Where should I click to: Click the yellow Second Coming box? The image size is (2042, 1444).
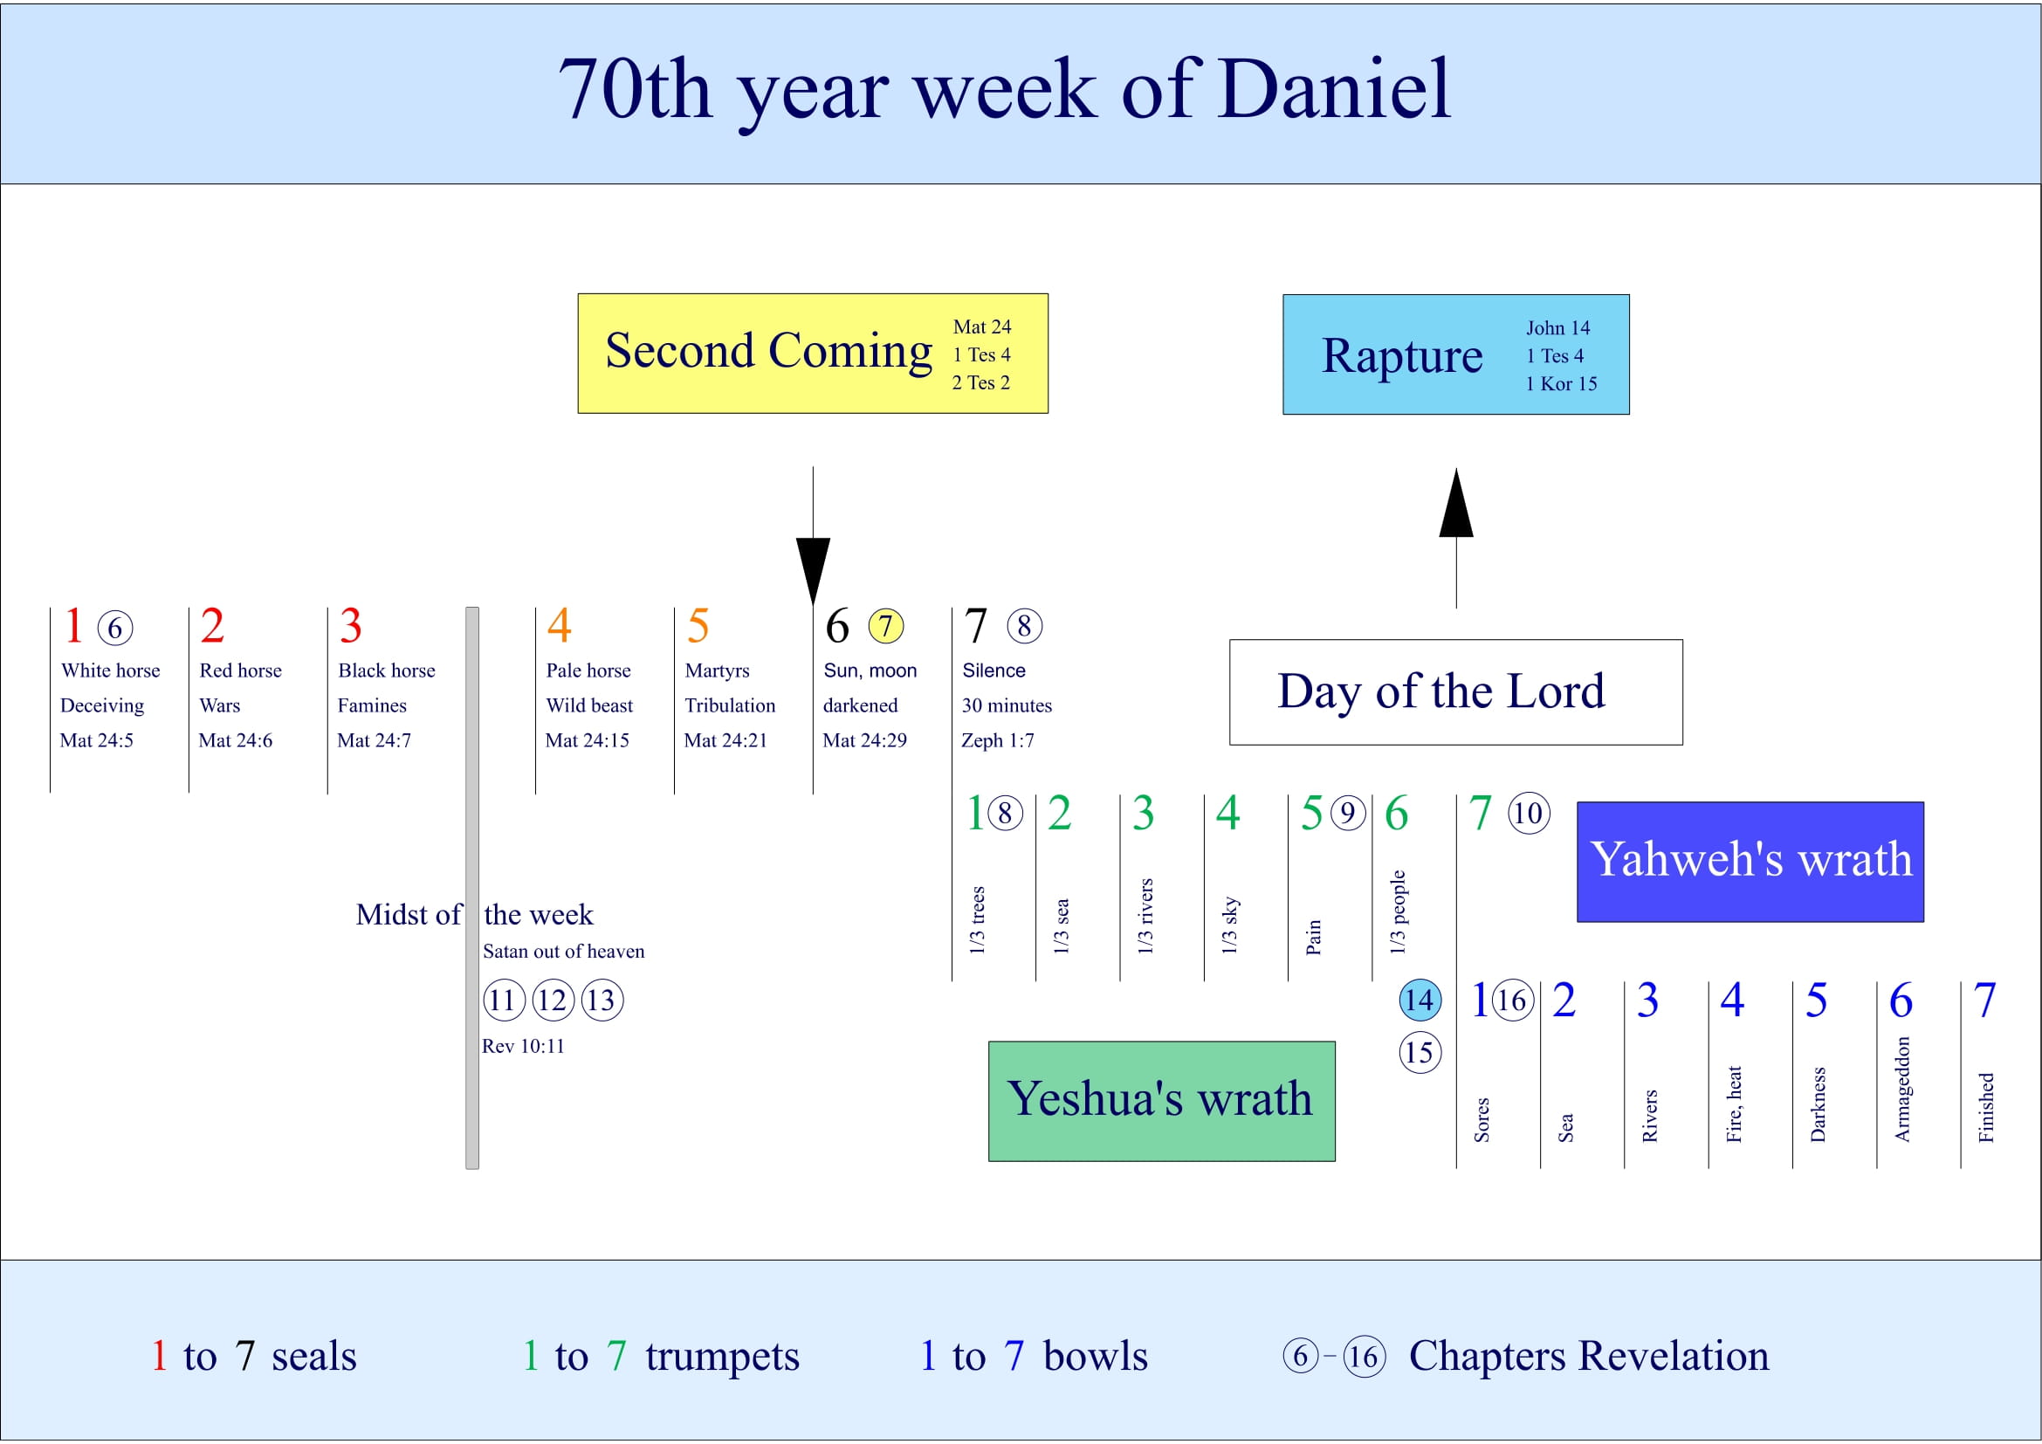(812, 353)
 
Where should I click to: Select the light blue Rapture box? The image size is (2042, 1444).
(1455, 354)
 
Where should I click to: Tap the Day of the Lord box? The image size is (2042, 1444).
(1455, 691)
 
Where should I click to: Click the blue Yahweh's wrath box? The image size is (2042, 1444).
(1750, 861)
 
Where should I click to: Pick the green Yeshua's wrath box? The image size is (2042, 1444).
(1160, 1100)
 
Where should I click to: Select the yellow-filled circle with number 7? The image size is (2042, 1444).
(886, 626)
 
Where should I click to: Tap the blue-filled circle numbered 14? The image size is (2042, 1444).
(1420, 1000)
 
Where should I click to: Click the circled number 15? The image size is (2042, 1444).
(1420, 1053)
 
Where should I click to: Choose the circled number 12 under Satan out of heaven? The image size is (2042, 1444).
(553, 1000)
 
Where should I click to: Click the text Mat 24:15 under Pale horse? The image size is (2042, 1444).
(587, 740)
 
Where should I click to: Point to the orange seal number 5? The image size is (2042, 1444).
(698, 626)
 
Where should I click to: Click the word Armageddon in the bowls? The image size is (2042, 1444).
(1901, 1090)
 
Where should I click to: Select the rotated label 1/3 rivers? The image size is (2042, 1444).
(1145, 916)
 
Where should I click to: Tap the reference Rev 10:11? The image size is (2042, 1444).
(523, 1047)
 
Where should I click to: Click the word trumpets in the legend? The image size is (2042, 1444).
(722, 1356)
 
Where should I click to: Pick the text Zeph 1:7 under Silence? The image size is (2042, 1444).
(997, 740)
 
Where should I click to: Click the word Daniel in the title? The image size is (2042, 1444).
(1334, 89)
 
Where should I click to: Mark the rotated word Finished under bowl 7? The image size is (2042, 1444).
(1985, 1107)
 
